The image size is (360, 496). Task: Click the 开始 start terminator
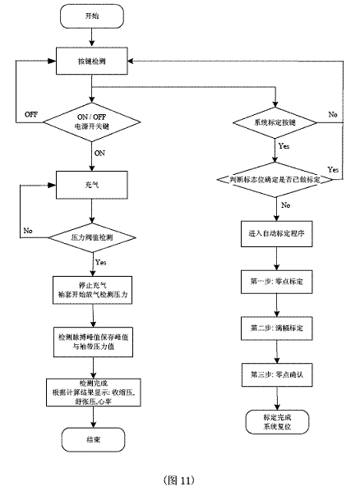tap(95, 16)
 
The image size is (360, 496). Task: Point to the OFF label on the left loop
tap(32, 113)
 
